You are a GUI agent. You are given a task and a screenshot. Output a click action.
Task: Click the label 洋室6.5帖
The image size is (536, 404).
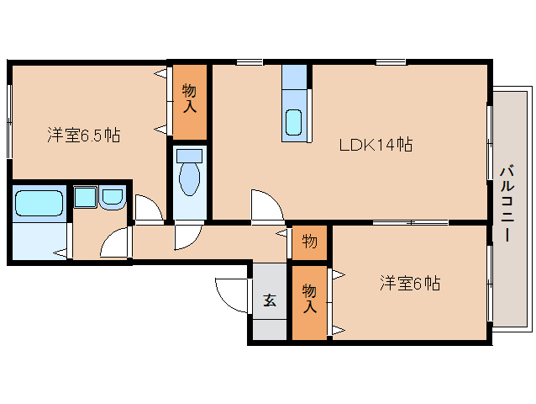[x=82, y=134]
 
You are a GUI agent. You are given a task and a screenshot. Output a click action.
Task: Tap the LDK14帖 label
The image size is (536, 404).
[x=375, y=144]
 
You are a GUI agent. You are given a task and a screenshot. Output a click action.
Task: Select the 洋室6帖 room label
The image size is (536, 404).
[x=409, y=284]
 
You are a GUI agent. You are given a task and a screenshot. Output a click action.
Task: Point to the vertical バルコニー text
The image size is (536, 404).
[x=507, y=202]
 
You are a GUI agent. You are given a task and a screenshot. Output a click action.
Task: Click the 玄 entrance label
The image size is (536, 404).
[x=269, y=300]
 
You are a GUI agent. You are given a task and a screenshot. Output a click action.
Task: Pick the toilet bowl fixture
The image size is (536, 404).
[x=190, y=179]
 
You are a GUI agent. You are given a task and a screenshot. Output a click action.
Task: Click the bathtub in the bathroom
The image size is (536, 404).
[x=39, y=204]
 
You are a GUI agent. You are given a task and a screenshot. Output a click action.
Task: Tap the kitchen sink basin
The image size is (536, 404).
[x=294, y=123]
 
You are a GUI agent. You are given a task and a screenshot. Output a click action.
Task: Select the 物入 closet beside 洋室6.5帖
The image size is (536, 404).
[x=189, y=98]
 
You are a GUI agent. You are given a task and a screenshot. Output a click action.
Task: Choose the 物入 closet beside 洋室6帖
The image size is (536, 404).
[x=308, y=299]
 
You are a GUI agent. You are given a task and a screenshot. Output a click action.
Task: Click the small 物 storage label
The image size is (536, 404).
[x=309, y=242]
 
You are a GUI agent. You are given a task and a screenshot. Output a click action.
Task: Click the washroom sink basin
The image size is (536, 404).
[x=112, y=198]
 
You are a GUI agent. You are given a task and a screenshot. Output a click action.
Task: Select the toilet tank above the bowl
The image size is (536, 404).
[x=190, y=156]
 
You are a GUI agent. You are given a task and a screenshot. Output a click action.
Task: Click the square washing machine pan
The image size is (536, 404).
[x=85, y=198]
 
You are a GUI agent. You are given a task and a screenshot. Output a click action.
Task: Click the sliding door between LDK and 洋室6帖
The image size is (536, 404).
[x=411, y=223]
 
